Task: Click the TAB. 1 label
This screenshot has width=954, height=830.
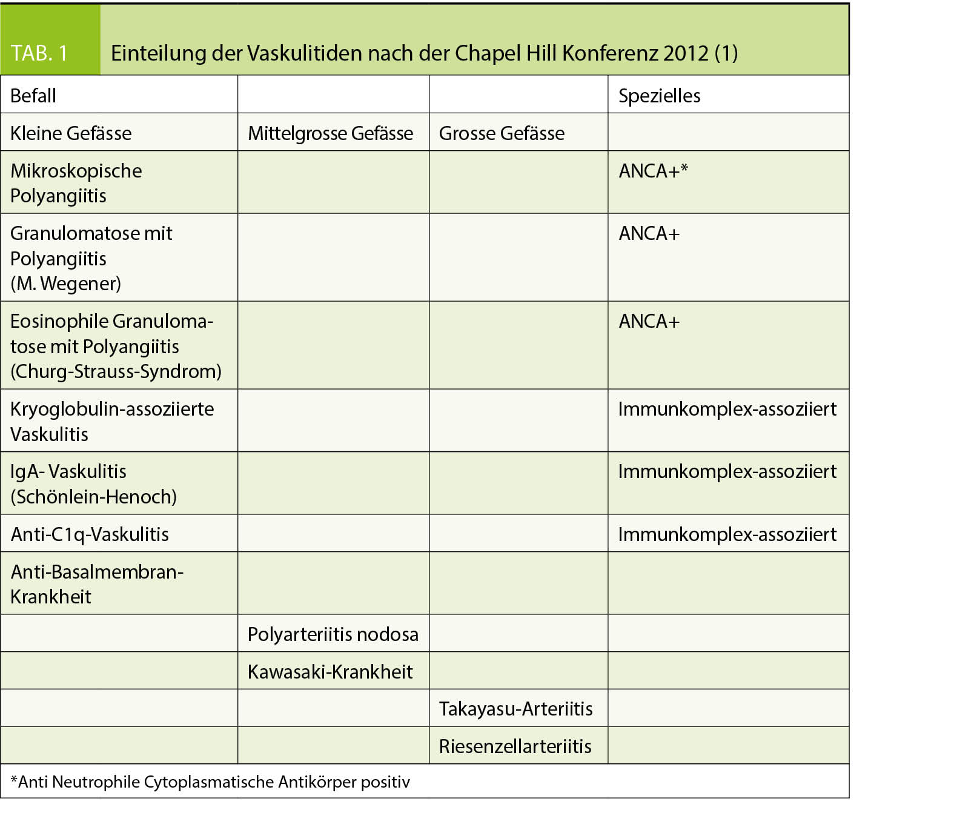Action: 39,53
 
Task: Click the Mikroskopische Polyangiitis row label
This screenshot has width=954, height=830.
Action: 76,183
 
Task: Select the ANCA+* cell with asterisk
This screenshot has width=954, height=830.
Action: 653,171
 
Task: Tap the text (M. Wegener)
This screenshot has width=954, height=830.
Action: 65,284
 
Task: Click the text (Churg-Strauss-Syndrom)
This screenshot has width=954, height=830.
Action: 116,371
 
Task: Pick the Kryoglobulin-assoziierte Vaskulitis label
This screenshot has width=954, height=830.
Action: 112,421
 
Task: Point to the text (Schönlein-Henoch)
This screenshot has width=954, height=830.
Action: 93,497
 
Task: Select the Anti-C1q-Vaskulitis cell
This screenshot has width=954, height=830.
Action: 90,534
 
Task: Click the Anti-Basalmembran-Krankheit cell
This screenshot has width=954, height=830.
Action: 97,584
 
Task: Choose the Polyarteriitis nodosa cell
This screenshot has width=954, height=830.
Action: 333,634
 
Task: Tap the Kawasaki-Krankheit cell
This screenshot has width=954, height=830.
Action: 330,672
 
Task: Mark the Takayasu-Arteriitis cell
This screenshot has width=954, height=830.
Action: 515,709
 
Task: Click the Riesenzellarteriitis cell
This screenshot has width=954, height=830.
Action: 515,746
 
